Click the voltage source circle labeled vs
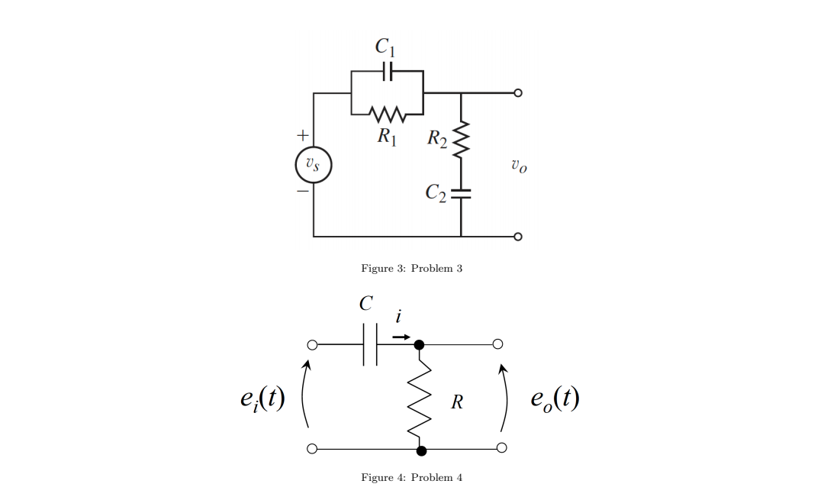pyautogui.click(x=313, y=165)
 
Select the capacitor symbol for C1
pyautogui.click(x=387, y=72)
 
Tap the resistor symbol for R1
pyautogui.click(x=387, y=115)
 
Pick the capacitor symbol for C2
pyautogui.click(x=461, y=193)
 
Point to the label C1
pyautogui.click(x=385, y=47)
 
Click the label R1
pyautogui.click(x=387, y=137)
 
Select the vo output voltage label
pyautogui.click(x=518, y=165)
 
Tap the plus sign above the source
pyautogui.click(x=302, y=136)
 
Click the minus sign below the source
pyautogui.click(x=302, y=192)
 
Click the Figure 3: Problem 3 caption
pyautogui.click(x=411, y=268)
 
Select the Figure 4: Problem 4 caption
pyautogui.click(x=411, y=477)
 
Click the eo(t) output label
pyautogui.click(x=555, y=399)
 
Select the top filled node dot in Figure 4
pyautogui.click(x=419, y=345)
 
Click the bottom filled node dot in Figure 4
pyautogui.click(x=421, y=450)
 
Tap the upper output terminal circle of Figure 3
pyautogui.click(x=518, y=93)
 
